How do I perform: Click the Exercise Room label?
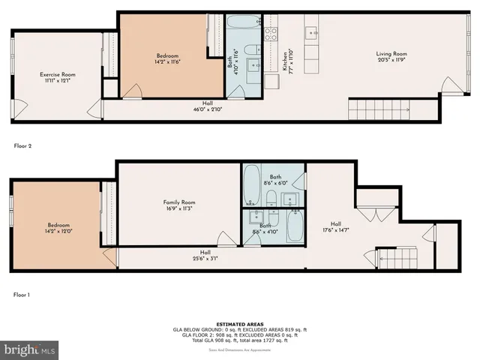pyautogui.click(x=57, y=77)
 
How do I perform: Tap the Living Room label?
pyautogui.click(x=391, y=57)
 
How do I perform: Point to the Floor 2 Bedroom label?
pyautogui.click(x=167, y=59)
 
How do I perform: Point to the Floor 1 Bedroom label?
pyautogui.click(x=59, y=229)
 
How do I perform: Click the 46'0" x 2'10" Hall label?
pyautogui.click(x=207, y=106)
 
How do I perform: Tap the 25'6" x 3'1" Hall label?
pyautogui.click(x=205, y=255)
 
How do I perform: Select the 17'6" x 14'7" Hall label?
pyautogui.click(x=337, y=226)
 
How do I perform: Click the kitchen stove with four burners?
pyautogui.click(x=271, y=32)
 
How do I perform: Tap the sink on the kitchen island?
pyautogui.click(x=311, y=32)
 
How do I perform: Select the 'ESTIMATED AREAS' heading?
pyautogui.click(x=239, y=324)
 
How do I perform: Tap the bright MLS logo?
pyautogui.click(x=30, y=349)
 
